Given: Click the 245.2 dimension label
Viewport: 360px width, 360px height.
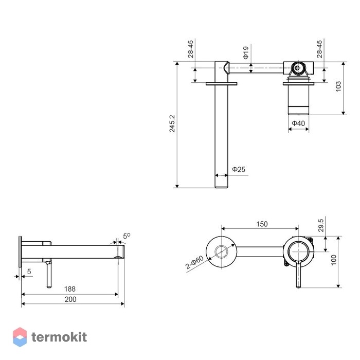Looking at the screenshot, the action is tap(172, 123).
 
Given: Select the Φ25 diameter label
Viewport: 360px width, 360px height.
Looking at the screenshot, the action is tap(239, 169).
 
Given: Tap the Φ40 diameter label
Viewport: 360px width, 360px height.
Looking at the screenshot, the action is tap(298, 123).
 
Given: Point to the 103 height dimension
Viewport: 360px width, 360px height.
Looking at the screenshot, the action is tap(338, 86).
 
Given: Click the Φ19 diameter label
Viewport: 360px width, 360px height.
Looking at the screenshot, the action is tap(246, 52).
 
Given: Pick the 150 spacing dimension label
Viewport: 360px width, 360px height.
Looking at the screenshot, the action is tap(262, 224).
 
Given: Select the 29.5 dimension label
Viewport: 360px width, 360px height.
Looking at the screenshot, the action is tap(321, 225).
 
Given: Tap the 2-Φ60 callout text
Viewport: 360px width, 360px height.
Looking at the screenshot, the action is tap(194, 262).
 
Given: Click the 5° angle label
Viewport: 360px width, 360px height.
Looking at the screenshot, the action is tap(127, 236).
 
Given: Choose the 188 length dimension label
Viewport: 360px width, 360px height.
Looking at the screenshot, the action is tap(70, 289).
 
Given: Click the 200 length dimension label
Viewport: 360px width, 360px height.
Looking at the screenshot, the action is tap(70, 299).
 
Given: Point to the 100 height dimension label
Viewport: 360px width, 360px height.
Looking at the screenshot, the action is tap(334, 260).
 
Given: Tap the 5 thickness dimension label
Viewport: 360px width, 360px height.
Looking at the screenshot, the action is tap(29, 272).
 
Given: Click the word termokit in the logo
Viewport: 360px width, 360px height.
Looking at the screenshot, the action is tap(59, 337).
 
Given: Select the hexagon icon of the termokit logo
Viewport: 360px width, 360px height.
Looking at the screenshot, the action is tap(20, 337).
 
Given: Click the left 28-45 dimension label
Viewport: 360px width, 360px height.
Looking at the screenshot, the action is tap(191, 49).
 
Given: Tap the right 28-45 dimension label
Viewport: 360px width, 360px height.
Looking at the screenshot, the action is tap(319, 49).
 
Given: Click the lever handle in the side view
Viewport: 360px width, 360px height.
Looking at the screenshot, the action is tap(49, 274).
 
